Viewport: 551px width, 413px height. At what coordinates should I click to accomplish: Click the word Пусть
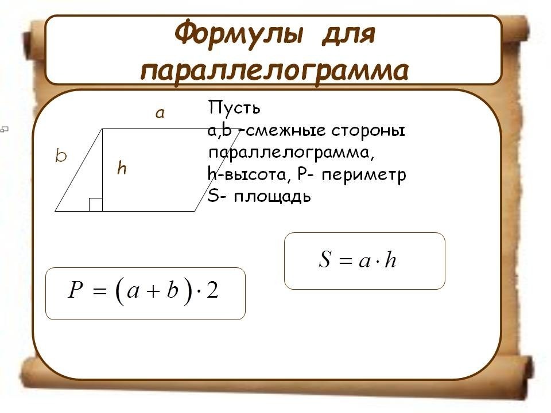tap(234, 107)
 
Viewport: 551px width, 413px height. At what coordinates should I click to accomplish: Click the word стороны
tap(368, 131)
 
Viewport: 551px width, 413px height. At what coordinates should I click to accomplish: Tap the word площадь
tap(272, 197)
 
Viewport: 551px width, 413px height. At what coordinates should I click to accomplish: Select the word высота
tap(254, 174)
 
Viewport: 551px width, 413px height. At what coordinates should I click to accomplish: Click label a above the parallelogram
tap(160, 113)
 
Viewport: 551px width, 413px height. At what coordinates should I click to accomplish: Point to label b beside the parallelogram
tap(61, 155)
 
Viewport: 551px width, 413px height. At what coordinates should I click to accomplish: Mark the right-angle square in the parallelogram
tap(96, 205)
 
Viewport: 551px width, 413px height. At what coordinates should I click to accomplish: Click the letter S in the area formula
tap(325, 259)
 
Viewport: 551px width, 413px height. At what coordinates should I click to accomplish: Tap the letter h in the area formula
tap(390, 259)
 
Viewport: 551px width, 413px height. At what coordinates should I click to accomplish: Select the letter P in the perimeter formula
tap(76, 290)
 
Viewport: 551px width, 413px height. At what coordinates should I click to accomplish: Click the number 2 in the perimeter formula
tap(212, 290)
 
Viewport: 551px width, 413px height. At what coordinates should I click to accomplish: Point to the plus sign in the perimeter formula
tap(153, 291)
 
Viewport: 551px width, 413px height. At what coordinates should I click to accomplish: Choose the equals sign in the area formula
tap(346, 260)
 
